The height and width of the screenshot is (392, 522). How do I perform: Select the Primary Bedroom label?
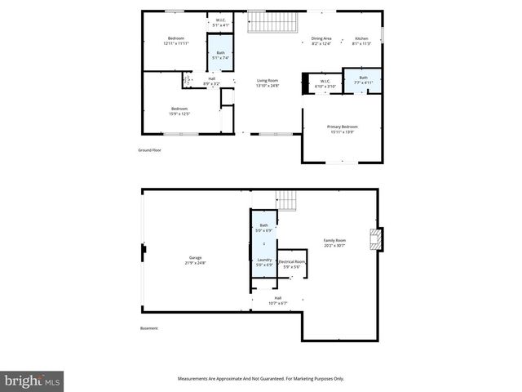point(343,129)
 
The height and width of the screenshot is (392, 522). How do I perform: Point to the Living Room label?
point(268,82)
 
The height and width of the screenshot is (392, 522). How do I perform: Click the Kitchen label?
point(361,41)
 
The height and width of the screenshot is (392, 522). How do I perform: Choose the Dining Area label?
point(321,41)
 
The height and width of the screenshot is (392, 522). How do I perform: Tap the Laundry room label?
point(264,262)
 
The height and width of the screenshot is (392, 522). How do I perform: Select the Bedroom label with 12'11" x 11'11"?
point(176,41)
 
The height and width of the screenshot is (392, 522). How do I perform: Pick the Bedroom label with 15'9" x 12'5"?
point(179,111)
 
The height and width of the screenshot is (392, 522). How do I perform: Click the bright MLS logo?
point(33,381)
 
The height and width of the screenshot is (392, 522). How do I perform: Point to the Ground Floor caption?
point(149,150)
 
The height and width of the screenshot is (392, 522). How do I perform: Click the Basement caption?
point(148,328)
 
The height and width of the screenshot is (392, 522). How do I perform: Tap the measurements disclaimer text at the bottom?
point(261,378)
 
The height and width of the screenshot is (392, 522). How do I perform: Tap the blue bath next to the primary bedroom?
point(363,80)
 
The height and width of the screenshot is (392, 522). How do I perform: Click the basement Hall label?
point(277,301)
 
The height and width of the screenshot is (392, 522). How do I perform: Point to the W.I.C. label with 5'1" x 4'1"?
point(221,23)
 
